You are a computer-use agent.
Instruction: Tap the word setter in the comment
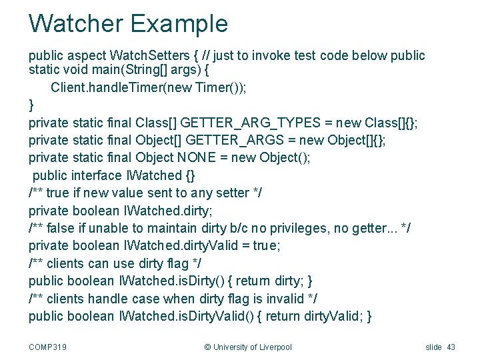click(x=231, y=193)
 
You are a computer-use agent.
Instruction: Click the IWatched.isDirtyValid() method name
click(x=187, y=316)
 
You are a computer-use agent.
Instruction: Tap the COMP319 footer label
click(x=47, y=347)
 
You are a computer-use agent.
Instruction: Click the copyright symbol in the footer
click(x=207, y=347)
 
